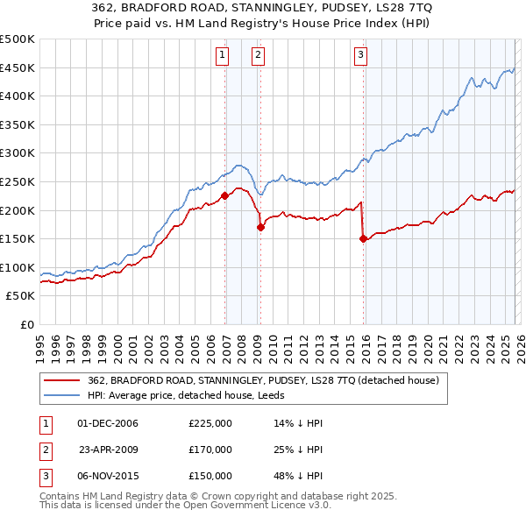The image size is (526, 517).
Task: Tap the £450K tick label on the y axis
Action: tap(17, 67)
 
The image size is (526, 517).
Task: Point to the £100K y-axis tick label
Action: tap(17, 267)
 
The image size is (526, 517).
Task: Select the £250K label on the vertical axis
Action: tap(17, 181)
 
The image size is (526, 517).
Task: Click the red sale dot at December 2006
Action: tap(225, 196)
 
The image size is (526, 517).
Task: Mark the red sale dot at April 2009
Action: tap(260, 227)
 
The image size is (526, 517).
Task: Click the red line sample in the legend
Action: tap(62, 381)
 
